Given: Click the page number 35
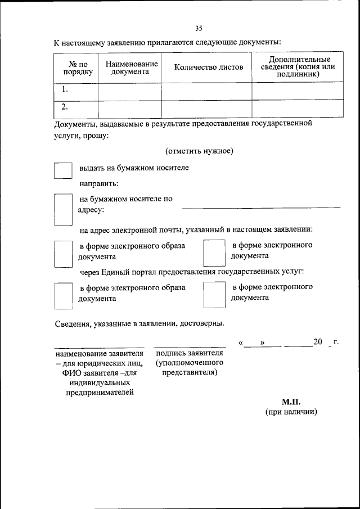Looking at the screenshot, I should coord(199,28).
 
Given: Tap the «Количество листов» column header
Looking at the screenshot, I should coord(209,67).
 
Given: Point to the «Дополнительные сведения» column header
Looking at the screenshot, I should coord(299,66).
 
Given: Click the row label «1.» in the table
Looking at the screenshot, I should coord(65,89).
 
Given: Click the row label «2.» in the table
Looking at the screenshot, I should coord(65,107).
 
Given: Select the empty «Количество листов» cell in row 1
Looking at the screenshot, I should coord(206,90).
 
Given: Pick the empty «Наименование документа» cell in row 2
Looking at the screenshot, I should coord(130,108).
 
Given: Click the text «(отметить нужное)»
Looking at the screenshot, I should coord(199,151).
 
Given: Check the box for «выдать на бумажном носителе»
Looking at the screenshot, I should coord(63,171).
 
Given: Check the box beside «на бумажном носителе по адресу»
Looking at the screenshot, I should coord(63,210).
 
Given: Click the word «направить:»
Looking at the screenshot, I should coord(98,183).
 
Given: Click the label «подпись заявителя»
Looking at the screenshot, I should coord(190,353).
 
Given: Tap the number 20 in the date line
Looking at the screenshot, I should coord(318,342).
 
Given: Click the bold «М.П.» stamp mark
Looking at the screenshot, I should coord(291,402).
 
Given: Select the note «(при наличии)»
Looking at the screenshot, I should coord(291,412).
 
